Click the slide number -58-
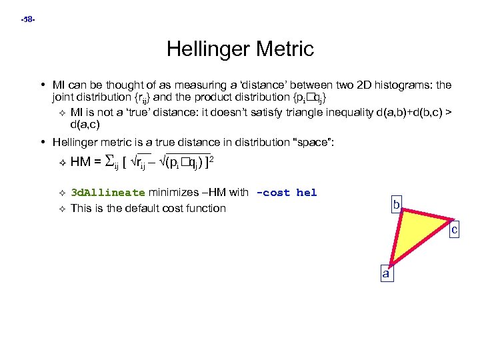pyautogui.click(x=28, y=20)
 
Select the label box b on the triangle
pyautogui.click(x=396, y=205)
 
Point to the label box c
pyautogui.click(x=454, y=230)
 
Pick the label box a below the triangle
pyautogui.click(x=385, y=273)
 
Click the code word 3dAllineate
pyautogui.click(x=107, y=193)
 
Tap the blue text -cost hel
pyautogui.click(x=287, y=193)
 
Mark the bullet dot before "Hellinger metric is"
pyautogui.click(x=43, y=141)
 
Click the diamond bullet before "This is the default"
pyautogui.click(x=61, y=208)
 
